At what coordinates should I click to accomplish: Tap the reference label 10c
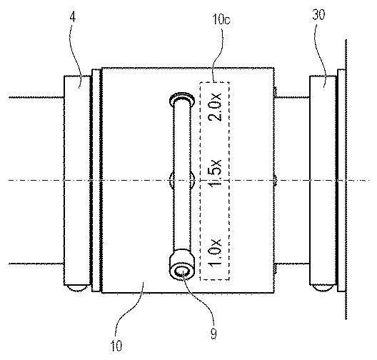pyautogui.click(x=221, y=19)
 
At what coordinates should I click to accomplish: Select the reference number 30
pyautogui.click(x=319, y=14)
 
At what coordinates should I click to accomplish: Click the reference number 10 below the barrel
pyautogui.click(x=116, y=345)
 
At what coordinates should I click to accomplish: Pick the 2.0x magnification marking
pyautogui.click(x=215, y=106)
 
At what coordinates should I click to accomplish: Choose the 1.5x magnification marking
pyautogui.click(x=215, y=174)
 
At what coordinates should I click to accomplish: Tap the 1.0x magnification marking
pyautogui.click(x=215, y=253)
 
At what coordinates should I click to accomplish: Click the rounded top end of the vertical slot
pyautogui.click(x=182, y=98)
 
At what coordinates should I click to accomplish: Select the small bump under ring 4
pyautogui.click(x=77, y=288)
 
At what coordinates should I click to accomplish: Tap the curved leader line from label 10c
pyautogui.click(x=218, y=54)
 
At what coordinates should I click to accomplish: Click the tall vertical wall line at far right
pyautogui.click(x=346, y=179)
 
